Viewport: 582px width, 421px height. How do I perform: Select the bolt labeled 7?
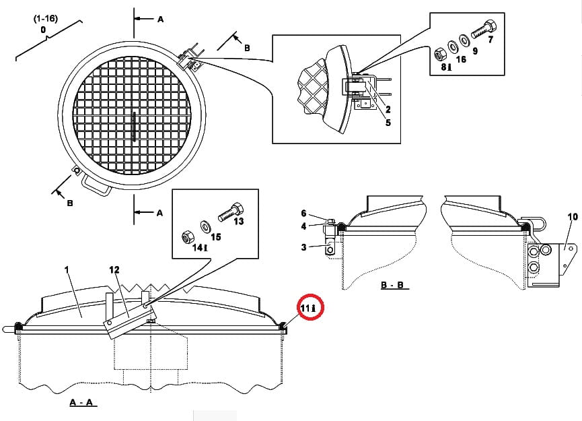point(484,28)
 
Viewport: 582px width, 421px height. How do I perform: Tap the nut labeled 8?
point(440,55)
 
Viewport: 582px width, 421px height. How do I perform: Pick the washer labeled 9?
point(464,40)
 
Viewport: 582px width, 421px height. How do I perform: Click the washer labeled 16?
point(452,46)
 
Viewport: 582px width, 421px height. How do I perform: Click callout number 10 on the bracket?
point(573,217)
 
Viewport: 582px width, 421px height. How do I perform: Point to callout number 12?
point(114,270)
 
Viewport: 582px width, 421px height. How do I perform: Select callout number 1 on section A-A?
point(67,269)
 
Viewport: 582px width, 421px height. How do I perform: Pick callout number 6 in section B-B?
point(303,214)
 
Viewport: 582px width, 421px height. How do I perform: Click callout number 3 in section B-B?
point(303,247)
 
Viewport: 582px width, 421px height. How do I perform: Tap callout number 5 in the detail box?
point(388,123)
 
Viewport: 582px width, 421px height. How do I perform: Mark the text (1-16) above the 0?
point(46,19)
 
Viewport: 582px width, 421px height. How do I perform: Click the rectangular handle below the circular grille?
point(96,185)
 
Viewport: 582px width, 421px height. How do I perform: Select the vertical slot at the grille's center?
point(134,127)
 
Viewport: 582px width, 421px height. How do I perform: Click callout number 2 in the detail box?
point(388,109)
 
